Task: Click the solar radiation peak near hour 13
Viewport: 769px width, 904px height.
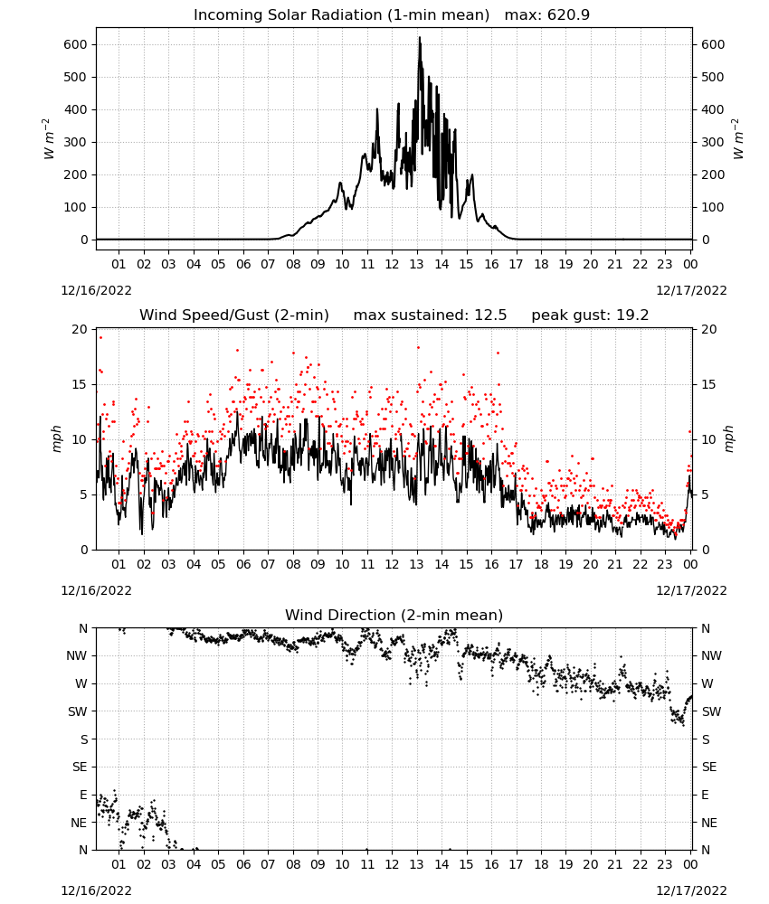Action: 420,38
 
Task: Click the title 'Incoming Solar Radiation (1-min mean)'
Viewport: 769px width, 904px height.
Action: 341,14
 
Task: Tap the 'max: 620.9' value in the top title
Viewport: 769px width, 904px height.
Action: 547,14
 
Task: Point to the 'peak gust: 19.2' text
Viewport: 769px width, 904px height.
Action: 590,315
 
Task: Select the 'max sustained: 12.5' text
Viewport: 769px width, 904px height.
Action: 430,315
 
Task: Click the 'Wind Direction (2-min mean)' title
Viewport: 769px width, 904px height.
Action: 394,615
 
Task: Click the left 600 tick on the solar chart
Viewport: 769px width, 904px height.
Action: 76,44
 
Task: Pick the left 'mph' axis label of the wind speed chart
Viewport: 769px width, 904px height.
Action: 56,438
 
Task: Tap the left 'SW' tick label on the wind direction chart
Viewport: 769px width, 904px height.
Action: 78,711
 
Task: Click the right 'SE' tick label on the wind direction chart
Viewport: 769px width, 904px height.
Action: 709,767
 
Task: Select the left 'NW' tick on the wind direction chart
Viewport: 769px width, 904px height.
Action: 77,655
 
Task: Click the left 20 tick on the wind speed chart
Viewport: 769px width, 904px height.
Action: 80,329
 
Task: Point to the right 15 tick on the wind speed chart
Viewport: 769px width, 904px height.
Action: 709,384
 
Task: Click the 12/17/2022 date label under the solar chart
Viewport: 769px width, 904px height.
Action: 691,290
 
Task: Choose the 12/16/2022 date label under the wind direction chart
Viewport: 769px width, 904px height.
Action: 96,890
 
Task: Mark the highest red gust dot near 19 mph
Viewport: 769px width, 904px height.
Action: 100,338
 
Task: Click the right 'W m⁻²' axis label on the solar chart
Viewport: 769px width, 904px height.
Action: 738,139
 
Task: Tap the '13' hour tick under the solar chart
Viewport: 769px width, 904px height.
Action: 416,264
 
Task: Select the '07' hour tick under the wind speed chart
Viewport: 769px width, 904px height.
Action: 268,564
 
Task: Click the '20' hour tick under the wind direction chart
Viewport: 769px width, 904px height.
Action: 590,864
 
